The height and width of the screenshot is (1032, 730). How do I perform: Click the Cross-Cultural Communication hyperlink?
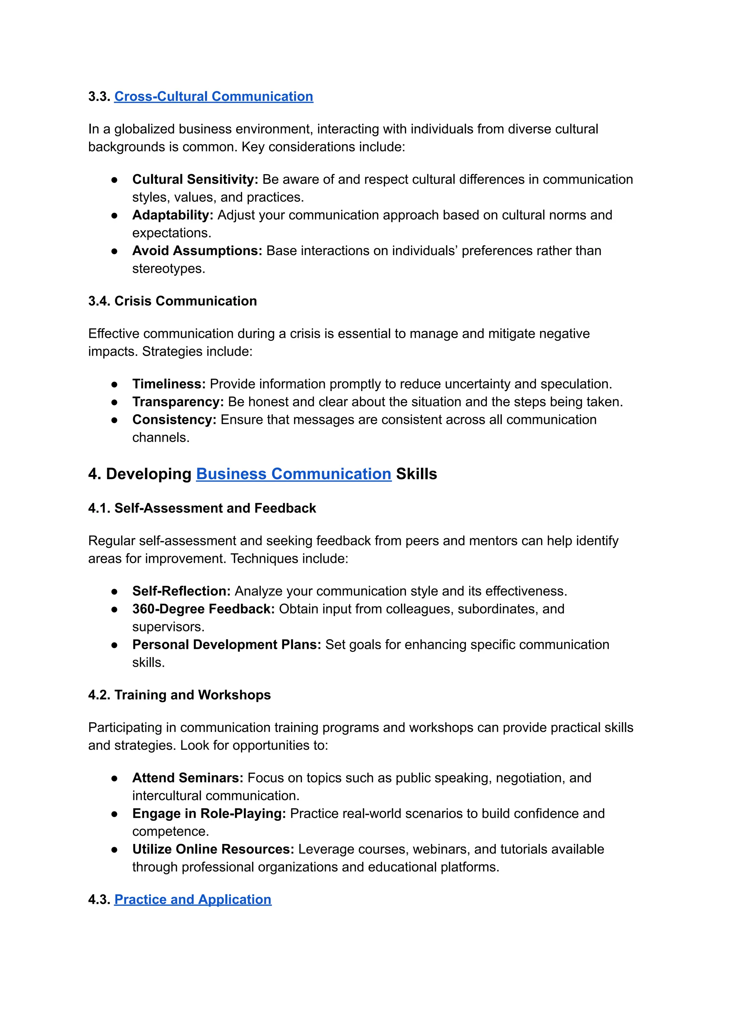coord(214,96)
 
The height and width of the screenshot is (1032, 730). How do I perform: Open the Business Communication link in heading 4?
coord(293,474)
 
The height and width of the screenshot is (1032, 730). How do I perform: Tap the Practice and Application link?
coord(193,899)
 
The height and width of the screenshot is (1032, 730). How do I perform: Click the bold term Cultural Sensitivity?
coord(195,179)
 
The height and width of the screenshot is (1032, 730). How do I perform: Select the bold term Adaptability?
coord(173,215)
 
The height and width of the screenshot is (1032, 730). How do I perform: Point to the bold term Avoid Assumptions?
coord(197,250)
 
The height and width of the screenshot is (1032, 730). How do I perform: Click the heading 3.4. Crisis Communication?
coord(173,301)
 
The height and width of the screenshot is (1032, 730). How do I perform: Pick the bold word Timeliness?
coord(169,384)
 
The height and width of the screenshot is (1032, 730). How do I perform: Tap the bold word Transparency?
coord(178,402)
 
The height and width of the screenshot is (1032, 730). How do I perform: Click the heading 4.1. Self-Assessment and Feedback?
coord(202,508)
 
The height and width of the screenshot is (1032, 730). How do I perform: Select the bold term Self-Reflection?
coord(181,591)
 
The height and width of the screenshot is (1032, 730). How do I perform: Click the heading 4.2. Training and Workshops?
coord(179,695)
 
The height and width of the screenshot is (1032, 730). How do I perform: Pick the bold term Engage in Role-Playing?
coord(209,813)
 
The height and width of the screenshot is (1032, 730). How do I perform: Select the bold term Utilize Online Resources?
coord(213,849)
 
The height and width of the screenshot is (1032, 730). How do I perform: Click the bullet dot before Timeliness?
coord(115,384)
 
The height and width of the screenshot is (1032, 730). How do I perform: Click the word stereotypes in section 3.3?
coord(168,269)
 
